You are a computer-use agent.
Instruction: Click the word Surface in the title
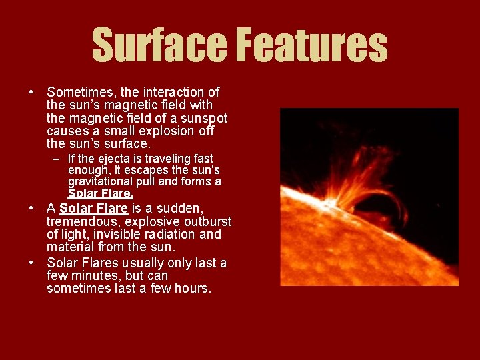point(160,45)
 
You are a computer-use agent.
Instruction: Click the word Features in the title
point(312,45)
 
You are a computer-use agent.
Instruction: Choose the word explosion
point(169,131)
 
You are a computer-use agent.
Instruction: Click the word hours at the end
point(192,289)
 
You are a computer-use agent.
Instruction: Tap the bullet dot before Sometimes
point(32,92)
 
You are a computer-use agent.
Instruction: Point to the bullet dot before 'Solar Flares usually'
point(32,263)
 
